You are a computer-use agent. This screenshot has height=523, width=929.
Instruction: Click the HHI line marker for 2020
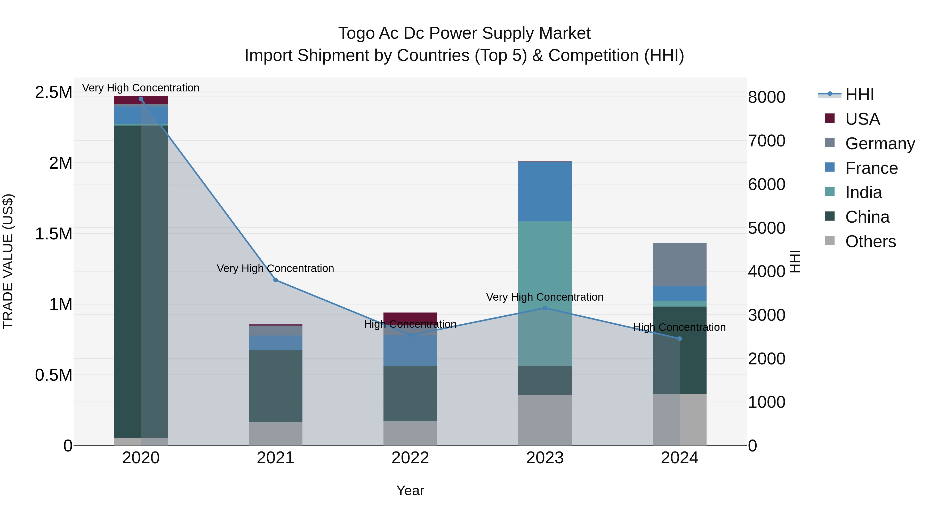click(141, 99)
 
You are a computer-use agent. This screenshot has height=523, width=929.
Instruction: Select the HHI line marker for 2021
click(276, 280)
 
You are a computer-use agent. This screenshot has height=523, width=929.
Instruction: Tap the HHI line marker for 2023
click(545, 308)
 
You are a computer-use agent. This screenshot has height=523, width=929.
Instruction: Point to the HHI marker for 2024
click(680, 339)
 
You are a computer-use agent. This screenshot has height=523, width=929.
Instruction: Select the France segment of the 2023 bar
click(545, 191)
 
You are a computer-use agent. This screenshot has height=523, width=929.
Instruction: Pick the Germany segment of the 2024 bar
click(680, 264)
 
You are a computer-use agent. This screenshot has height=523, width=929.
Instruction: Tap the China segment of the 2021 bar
click(276, 386)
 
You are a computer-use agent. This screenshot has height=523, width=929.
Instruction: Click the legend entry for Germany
click(880, 144)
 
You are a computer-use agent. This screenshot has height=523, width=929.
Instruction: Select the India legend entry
click(863, 192)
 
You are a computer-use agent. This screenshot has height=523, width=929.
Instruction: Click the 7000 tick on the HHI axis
click(766, 141)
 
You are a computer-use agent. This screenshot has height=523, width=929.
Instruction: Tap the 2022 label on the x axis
click(410, 458)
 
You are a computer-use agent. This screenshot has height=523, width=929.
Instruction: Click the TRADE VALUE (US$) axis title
click(8, 261)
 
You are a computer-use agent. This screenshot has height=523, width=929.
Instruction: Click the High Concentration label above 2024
click(680, 327)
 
